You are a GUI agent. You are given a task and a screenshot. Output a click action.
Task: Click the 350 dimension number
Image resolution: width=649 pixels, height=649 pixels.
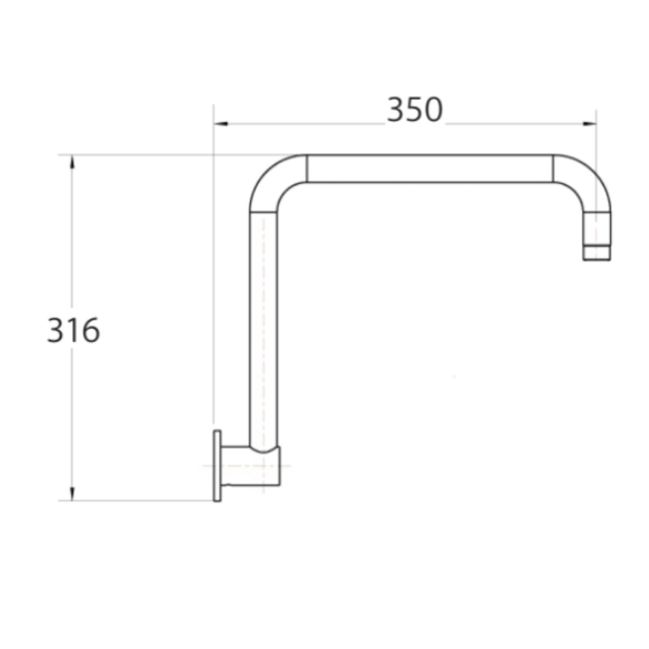pyautogui.click(x=415, y=110)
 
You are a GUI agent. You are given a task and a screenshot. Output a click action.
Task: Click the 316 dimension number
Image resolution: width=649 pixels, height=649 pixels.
pyautogui.click(x=74, y=331)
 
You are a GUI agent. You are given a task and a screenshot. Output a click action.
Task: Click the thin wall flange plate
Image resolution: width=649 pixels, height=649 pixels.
pyautogui.click(x=217, y=466)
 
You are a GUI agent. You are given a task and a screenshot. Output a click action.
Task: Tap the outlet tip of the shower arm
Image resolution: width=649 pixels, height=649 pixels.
pyautogui.click(x=596, y=253)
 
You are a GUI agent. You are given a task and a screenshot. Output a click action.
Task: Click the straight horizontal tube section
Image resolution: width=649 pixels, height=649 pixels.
pyautogui.click(x=430, y=169)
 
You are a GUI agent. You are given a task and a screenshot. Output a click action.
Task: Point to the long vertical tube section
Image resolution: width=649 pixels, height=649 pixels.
pyautogui.click(x=263, y=324)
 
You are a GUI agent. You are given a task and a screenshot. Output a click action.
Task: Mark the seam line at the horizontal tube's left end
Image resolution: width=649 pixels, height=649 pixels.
pyautogui.click(x=307, y=169)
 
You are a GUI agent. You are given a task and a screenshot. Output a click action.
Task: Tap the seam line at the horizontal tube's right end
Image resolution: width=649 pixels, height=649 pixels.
pyautogui.click(x=553, y=169)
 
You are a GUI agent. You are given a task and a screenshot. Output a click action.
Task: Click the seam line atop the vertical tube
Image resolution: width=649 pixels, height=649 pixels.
pyautogui.click(x=263, y=211)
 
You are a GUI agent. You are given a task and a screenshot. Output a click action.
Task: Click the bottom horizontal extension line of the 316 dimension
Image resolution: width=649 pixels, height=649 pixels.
pyautogui.click(x=137, y=500)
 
